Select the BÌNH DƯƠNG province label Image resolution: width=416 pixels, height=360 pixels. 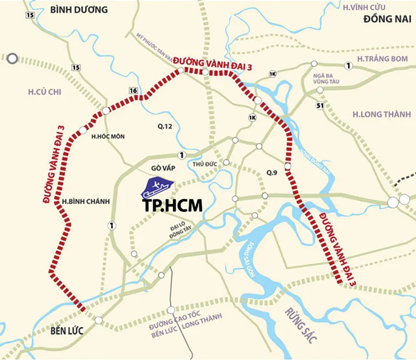[x=79, y=9]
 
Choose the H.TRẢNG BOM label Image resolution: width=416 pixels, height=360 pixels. [x=383, y=59]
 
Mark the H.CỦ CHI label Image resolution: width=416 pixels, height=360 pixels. [x=45, y=92]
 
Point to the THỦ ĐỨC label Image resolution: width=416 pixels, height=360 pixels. [x=204, y=164]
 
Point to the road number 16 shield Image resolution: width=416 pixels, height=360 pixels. [x=134, y=91]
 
